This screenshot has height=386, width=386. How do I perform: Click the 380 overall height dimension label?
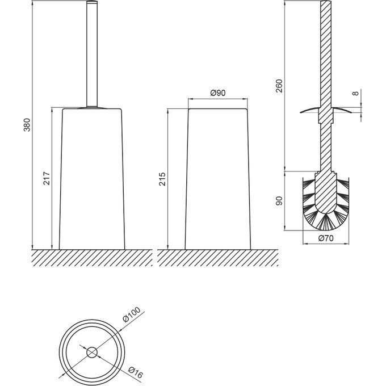coord(27,125)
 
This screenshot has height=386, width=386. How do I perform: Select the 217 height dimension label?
coord(47,178)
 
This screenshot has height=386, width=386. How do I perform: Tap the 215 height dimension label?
coord(162,179)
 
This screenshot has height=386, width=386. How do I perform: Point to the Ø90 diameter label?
coord(218,93)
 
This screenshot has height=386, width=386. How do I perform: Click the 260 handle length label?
coord(279,86)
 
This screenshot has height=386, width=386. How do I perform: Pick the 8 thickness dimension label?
coord(355,93)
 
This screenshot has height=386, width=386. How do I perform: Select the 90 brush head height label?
coord(279,201)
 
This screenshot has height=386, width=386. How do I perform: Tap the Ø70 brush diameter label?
coord(325,238)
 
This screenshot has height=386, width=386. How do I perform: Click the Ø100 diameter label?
coord(132,314)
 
